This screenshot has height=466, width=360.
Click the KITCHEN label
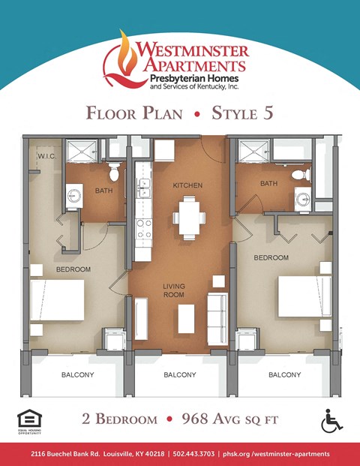tap(187, 185)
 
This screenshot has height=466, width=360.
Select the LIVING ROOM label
tap(175, 290)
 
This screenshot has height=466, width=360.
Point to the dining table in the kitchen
tap(188, 217)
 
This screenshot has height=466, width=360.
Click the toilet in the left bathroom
tap(114, 173)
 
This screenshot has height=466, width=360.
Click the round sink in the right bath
tap(302, 199)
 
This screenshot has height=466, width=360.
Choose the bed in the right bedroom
tap(304, 296)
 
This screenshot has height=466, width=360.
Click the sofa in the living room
tap(217, 312)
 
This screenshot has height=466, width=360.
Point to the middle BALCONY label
tap(179, 374)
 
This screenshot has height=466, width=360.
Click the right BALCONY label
tap(284, 374)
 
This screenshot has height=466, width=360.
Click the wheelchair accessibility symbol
tap(331, 421)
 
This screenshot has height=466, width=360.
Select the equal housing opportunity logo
tap(27, 420)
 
